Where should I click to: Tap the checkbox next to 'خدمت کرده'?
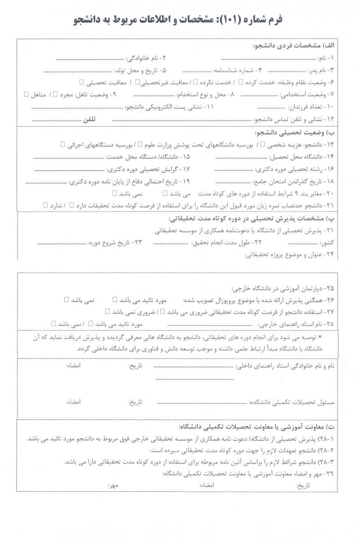pos(241,82)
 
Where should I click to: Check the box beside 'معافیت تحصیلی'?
pos(81,82)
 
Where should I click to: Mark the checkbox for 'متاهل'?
pos(26,94)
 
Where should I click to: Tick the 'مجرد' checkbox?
pos(55,94)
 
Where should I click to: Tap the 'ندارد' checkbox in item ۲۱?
pos(45,205)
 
